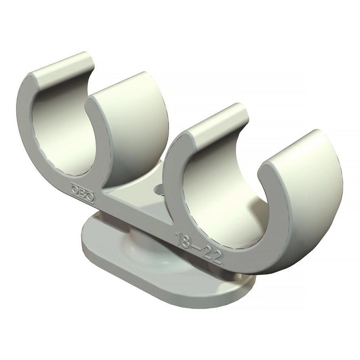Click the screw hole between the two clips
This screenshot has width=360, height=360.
tap(158, 190)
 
